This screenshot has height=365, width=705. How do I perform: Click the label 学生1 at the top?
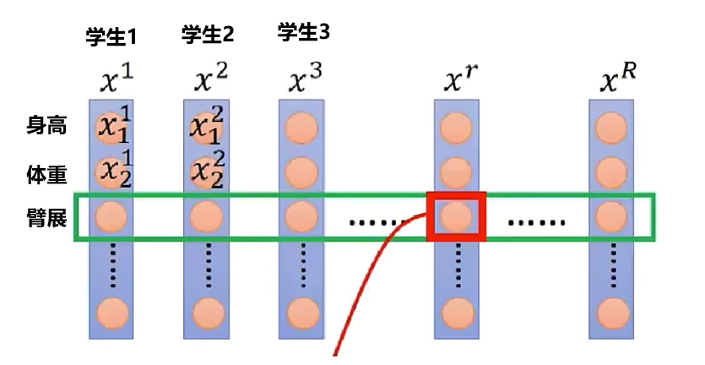[111, 37]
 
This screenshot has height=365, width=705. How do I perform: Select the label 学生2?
[207, 35]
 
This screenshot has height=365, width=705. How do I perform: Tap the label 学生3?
[303, 33]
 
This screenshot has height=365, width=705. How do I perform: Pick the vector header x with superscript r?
[460, 79]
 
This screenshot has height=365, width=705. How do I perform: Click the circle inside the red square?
[457, 216]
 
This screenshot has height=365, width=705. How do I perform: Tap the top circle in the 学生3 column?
[302, 129]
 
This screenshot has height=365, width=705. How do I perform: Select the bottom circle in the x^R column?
[611, 313]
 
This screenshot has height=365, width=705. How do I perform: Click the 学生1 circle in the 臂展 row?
[112, 217]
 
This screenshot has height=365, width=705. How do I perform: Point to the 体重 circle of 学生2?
[208, 172]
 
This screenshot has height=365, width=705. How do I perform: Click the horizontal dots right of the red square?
[537, 224]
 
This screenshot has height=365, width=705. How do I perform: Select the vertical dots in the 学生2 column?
[208, 264]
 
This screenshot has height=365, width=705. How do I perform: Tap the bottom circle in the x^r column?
[457, 313]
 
